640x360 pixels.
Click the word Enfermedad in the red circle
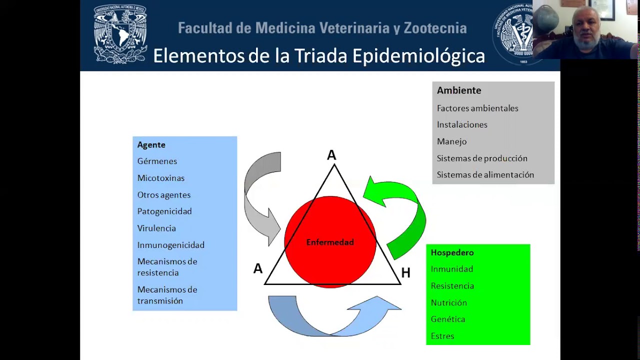pyautogui.click(x=330, y=242)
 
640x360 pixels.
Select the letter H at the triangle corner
pyautogui.click(x=405, y=273)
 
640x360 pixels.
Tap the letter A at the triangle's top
pyautogui.click(x=331, y=155)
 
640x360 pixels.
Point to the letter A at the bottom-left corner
pyautogui.click(x=258, y=269)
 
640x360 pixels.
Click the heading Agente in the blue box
pyautogui.click(x=151, y=145)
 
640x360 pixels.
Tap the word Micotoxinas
pyautogui.click(x=161, y=178)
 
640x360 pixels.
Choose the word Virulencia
pyautogui.click(x=156, y=228)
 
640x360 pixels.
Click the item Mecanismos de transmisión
pyautogui.click(x=167, y=295)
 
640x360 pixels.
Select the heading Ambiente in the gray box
pyautogui.click(x=459, y=90)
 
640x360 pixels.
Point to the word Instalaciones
pyautogui.click(x=462, y=124)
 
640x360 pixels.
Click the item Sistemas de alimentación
pyautogui.click(x=485, y=174)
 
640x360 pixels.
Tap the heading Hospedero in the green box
pyautogui.click(x=452, y=252)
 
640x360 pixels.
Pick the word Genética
pyautogui.click(x=448, y=319)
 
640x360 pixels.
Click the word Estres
pyautogui.click(x=442, y=336)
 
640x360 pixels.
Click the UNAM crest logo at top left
pyautogui.click(x=120, y=34)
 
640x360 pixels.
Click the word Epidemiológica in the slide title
pyautogui.click(x=418, y=56)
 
